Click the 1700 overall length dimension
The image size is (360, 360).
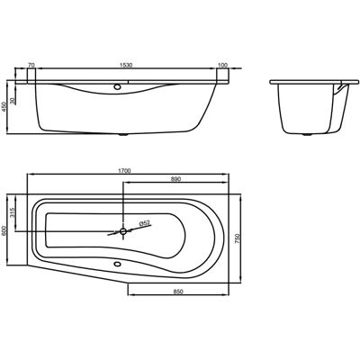pos(125,171)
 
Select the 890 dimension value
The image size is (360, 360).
pos(175,179)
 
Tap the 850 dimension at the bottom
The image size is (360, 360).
pos(178,292)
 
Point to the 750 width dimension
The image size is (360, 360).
pos(237,238)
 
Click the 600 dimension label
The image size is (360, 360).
pos(4,230)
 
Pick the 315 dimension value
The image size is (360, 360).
pos(13,212)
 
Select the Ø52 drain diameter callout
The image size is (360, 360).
pos(144,222)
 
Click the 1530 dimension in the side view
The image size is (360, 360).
pos(126,65)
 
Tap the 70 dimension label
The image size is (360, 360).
pos(31,65)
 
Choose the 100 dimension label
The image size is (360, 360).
pos(223,65)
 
